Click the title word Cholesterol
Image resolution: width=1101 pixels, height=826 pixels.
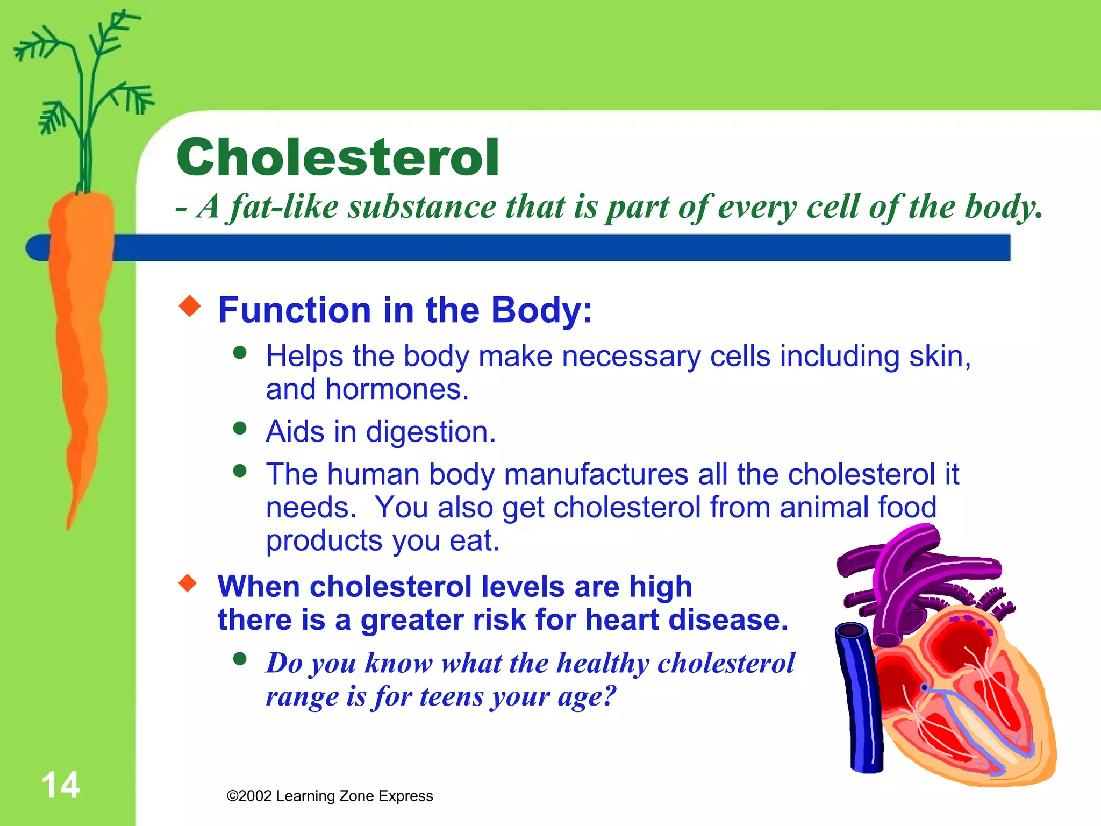pos(338,157)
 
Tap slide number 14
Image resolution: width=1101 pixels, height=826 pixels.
pos(60,785)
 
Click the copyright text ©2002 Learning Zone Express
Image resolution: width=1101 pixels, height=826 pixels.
pos(330,796)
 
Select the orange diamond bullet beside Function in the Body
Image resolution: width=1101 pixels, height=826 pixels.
pos(189,306)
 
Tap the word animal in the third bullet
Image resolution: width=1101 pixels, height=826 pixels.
pos(824,507)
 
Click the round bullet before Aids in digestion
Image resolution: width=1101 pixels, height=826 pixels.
pos(240,428)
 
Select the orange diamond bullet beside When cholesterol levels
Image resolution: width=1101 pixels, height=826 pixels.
pos(188,583)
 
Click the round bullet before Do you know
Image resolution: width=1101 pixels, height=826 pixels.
pos(240,659)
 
